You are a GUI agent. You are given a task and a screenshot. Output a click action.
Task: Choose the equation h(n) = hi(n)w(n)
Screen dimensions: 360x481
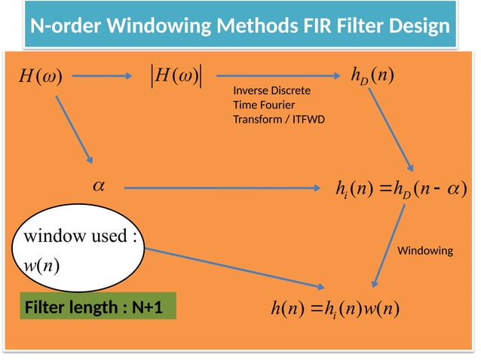pos(335,309)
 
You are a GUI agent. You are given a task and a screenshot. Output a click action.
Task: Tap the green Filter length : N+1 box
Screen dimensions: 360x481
pos(97,308)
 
